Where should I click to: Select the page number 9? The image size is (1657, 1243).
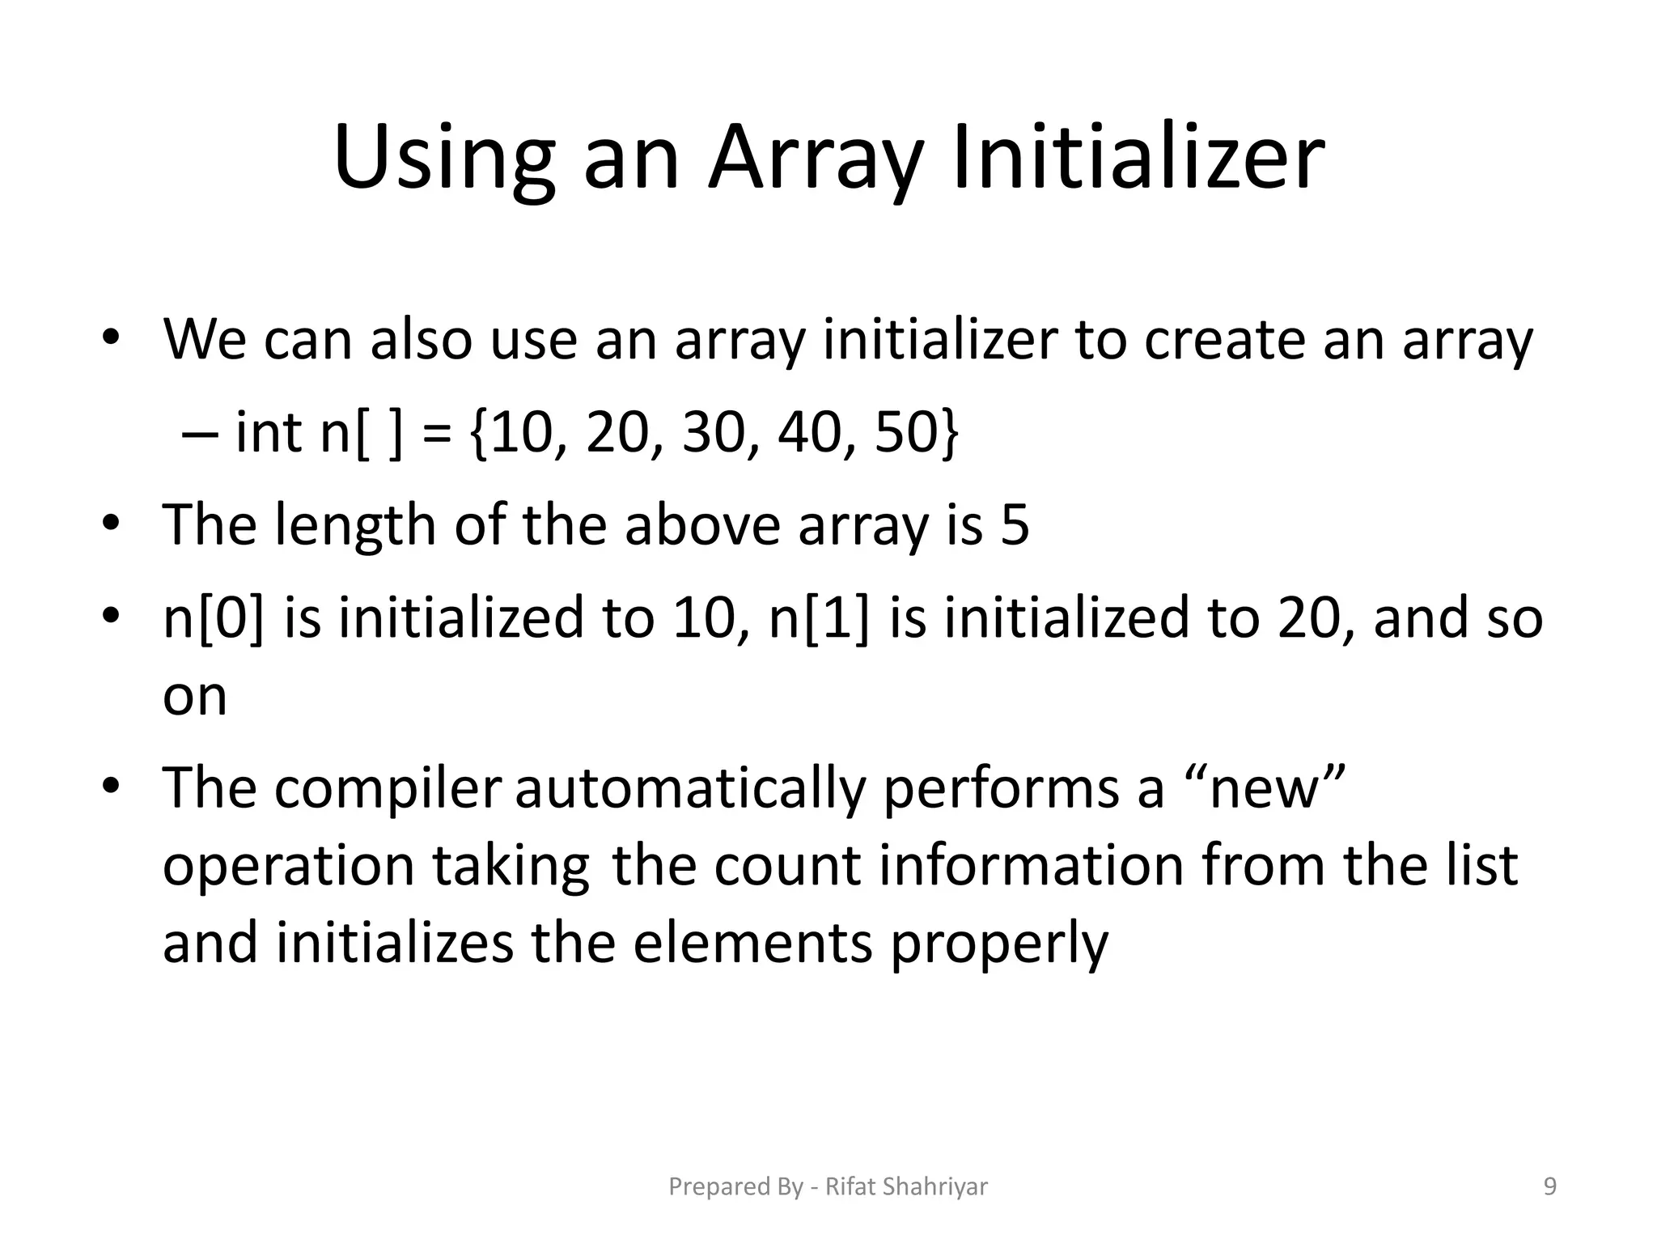(1550, 1186)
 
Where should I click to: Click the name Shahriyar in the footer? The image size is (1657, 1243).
(935, 1186)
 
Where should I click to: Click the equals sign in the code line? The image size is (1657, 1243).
(437, 434)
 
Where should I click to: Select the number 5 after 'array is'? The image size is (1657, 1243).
(1015, 524)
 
